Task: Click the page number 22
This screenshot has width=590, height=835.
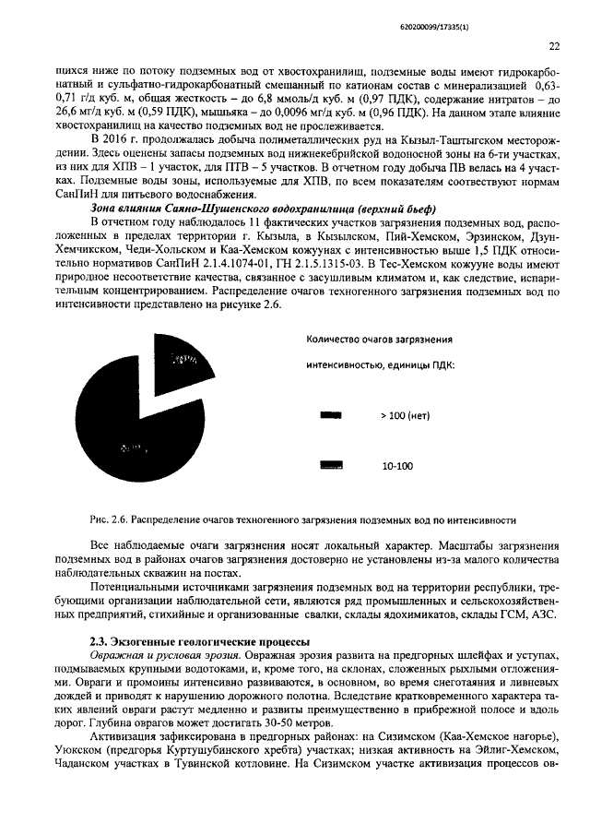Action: (555, 45)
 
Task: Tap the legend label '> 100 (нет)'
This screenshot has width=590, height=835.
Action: (406, 415)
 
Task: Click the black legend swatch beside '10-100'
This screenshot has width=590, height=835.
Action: (330, 466)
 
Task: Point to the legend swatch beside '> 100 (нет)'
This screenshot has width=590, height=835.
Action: (330, 415)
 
